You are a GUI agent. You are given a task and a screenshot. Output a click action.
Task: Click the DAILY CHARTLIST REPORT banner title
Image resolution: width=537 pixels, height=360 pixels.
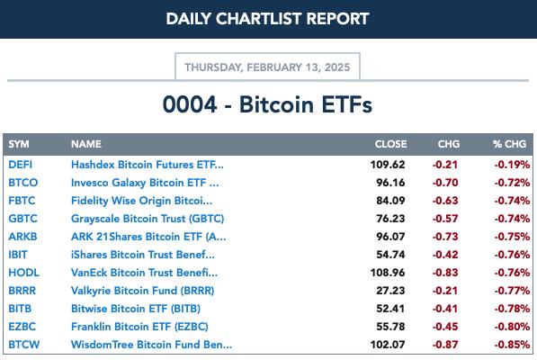(267, 19)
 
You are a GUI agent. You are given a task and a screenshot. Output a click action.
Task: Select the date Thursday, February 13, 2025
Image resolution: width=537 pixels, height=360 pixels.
(267, 67)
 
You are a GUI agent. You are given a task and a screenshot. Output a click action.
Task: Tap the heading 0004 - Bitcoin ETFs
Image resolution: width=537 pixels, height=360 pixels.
(267, 104)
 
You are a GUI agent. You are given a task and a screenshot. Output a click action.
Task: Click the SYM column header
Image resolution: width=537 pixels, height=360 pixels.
(19, 144)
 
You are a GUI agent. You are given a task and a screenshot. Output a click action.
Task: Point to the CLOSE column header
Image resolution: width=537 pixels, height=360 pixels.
(390, 144)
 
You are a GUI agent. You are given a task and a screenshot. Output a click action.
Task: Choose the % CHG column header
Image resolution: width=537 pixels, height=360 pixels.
(509, 144)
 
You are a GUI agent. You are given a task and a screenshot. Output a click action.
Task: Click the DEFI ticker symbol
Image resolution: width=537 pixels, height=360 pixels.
(20, 165)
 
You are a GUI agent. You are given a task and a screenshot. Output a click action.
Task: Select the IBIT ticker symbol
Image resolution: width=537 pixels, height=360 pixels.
(18, 255)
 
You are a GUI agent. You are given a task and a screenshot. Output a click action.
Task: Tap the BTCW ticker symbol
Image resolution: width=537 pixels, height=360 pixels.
(24, 344)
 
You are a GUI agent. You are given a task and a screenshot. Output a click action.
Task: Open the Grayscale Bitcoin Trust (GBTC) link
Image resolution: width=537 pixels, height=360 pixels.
(148, 219)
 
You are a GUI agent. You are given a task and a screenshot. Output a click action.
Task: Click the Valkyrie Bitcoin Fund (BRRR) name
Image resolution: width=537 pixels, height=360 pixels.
(142, 291)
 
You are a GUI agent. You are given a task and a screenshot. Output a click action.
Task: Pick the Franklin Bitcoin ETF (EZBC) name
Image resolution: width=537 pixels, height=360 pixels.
(139, 327)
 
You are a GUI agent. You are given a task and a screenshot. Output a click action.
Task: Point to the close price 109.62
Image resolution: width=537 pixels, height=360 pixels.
(388, 165)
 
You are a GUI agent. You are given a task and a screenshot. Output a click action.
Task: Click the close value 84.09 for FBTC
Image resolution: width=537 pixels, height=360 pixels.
(390, 201)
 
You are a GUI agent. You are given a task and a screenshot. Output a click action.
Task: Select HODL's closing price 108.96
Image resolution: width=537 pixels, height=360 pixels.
(388, 273)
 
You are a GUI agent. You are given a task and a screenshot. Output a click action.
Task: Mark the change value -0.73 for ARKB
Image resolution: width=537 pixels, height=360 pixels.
(445, 237)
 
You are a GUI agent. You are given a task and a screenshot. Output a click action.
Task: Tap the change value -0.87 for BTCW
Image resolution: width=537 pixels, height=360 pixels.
(445, 344)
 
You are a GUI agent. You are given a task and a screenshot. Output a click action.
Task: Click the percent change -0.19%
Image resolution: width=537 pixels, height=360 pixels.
(512, 165)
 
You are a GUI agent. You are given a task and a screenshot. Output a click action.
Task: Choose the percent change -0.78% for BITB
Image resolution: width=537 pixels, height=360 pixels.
(512, 309)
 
